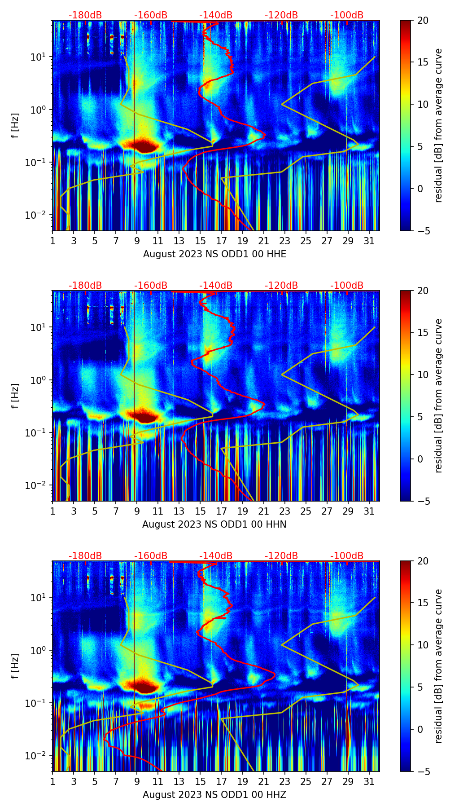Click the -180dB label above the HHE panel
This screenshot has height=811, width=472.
85,15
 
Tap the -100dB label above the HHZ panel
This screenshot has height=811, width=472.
347,556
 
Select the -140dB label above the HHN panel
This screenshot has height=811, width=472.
216,286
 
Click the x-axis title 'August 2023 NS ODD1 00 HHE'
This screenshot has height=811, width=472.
214,254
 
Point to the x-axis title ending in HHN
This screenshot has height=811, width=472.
214,525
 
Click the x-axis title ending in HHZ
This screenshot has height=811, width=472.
214,795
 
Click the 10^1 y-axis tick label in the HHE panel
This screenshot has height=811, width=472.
40,57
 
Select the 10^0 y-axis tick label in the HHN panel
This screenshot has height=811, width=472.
40,380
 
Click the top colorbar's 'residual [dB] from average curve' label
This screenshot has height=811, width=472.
438,126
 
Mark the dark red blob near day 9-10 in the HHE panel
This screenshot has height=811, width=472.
143,145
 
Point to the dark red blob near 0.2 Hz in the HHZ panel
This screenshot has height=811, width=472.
143,686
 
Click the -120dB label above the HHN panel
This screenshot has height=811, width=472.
281,286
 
